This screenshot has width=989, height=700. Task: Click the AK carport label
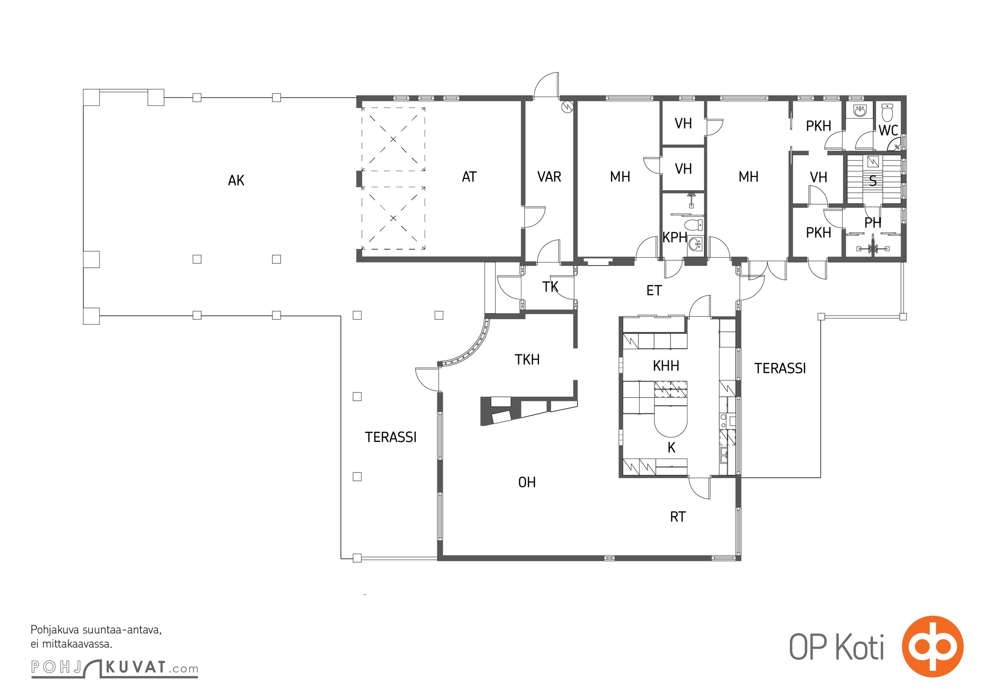(x=236, y=180)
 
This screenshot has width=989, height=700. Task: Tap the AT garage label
(x=469, y=177)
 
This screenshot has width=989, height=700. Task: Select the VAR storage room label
(x=549, y=177)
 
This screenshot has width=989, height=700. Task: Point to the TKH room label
(x=527, y=360)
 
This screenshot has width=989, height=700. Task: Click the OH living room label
(x=527, y=482)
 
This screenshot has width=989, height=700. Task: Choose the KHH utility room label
(x=666, y=366)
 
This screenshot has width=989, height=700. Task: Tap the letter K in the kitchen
(x=672, y=448)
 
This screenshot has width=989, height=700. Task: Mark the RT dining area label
(x=678, y=517)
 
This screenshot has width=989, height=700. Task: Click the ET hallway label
(x=654, y=290)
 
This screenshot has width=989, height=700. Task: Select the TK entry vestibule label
(x=550, y=287)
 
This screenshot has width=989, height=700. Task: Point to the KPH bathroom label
(x=675, y=237)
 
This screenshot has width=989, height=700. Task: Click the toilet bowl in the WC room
(x=887, y=112)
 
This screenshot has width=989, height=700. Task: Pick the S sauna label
(x=873, y=181)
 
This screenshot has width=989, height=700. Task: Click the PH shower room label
(x=873, y=223)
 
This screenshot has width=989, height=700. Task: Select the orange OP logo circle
(x=933, y=647)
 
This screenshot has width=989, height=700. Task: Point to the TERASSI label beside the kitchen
(x=780, y=368)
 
